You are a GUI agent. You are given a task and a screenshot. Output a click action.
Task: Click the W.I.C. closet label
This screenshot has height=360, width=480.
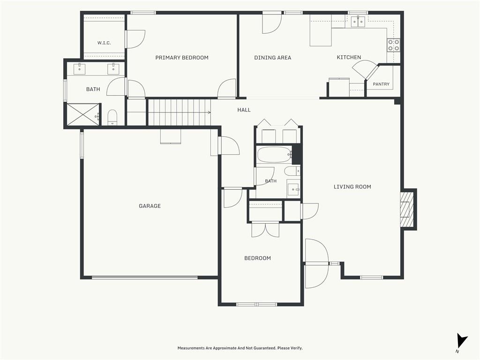[x=104, y=43]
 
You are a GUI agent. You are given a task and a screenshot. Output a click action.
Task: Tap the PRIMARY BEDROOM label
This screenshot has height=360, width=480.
[x=182, y=58]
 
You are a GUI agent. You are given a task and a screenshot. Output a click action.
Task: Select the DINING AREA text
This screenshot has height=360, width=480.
[x=273, y=58]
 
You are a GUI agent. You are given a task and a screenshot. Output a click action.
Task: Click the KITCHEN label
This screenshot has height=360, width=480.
[x=349, y=57]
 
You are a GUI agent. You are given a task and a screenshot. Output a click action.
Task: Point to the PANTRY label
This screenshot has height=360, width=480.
[x=381, y=84]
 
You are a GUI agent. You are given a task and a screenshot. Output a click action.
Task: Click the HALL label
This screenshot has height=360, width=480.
[x=244, y=110]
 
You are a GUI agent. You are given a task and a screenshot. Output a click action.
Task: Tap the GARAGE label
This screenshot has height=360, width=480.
[x=150, y=206]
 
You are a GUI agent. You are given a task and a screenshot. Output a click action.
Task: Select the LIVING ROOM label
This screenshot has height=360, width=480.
[x=352, y=187]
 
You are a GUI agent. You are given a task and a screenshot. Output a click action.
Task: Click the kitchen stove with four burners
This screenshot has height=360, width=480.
[x=393, y=45]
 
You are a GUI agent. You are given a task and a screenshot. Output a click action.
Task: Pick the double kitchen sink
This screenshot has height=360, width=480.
[x=358, y=22]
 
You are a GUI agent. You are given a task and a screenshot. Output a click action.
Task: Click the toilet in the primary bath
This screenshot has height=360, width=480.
[x=112, y=117]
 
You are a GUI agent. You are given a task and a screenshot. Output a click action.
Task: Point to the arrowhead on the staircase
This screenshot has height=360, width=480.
[x=210, y=112]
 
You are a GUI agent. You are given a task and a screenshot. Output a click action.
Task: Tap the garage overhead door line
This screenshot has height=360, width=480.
[x=145, y=277]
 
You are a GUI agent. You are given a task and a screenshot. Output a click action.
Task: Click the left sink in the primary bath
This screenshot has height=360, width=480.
[x=80, y=69]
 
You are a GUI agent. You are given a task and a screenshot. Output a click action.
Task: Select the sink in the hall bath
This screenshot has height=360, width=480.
[x=293, y=189]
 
